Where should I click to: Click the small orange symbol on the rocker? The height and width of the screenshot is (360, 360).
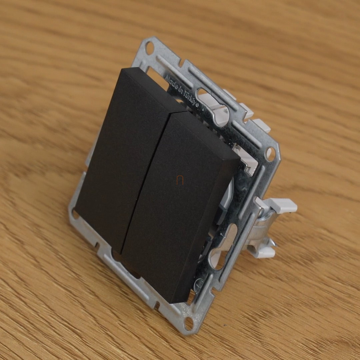pyautogui.click(x=180, y=180)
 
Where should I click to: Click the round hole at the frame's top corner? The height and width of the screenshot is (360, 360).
pyautogui.click(x=149, y=48)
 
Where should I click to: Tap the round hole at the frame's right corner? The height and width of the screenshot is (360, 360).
pyautogui.click(x=270, y=153)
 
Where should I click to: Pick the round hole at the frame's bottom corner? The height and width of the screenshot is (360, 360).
pyautogui.click(x=189, y=323)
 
